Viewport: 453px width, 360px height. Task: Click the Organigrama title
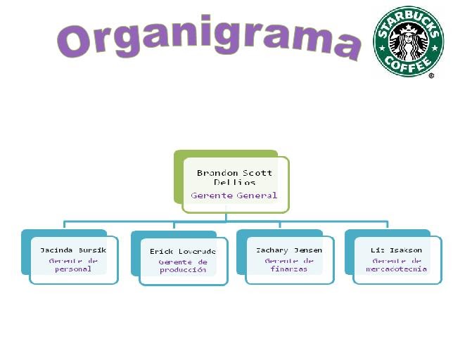[208, 39]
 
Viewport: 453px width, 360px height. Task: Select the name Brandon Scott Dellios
[234, 177]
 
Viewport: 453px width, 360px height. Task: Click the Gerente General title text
[234, 195]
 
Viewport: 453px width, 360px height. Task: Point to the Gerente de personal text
[73, 264]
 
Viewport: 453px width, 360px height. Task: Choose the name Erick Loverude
[183, 251]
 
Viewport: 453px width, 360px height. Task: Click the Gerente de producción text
[183, 266]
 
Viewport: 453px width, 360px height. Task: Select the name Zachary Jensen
[289, 250]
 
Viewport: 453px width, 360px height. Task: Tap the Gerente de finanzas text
[289, 264]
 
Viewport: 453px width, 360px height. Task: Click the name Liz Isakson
[397, 250]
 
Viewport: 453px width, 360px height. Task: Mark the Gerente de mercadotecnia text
[397, 264]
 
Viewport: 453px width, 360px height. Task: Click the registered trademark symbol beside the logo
[431, 75]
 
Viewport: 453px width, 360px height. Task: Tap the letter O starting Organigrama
[75, 41]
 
